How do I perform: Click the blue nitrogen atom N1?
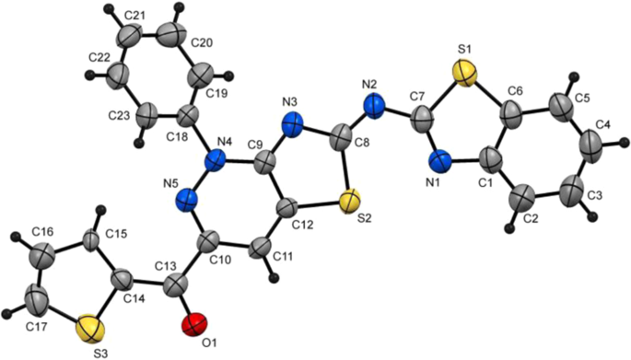click(x=440, y=164)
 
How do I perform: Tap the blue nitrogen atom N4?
click(x=217, y=159)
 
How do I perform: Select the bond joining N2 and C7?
click(x=402, y=112)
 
